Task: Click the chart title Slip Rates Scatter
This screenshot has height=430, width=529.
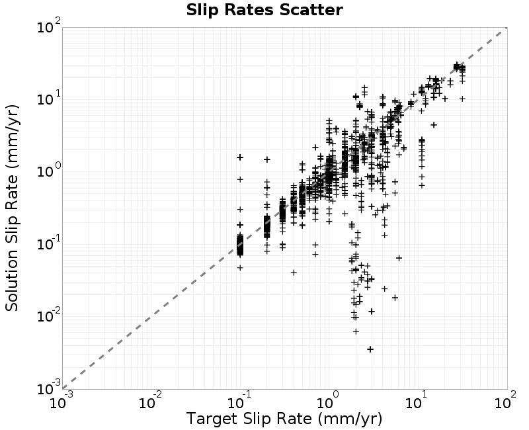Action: [264, 10]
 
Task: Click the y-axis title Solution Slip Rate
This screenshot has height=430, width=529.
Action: [12, 208]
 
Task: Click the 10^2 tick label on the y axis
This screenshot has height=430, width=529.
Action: [49, 26]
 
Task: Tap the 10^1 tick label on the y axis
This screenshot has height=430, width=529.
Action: [49, 98]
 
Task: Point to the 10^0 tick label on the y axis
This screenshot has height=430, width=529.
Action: [49, 171]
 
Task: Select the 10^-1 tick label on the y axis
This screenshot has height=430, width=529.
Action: [49, 243]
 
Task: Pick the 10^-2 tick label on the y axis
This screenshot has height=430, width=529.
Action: [49, 316]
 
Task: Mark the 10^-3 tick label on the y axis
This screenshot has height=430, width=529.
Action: [49, 388]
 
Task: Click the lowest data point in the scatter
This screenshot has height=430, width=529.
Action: [370, 349]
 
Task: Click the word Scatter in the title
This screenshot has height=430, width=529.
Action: [311, 10]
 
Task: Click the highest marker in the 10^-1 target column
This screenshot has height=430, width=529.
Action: [240, 157]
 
